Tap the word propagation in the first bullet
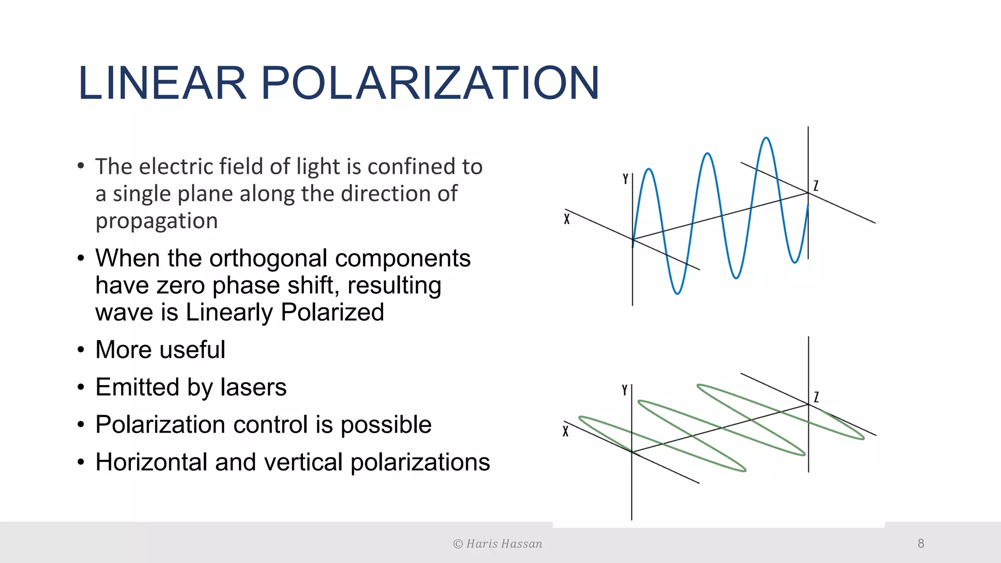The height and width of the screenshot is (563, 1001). click(156, 221)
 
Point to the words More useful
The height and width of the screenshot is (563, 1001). click(160, 350)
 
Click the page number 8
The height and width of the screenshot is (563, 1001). click(921, 543)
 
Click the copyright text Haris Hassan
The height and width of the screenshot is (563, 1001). click(503, 544)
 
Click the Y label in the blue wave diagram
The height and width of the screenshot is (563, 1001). click(625, 179)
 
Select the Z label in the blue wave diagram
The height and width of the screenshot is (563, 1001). click(816, 186)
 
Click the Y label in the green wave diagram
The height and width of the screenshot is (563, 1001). click(624, 390)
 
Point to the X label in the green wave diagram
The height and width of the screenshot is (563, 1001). click(566, 431)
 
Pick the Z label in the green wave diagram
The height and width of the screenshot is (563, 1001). click(816, 397)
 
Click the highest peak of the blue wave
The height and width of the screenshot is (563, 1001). click(766, 138)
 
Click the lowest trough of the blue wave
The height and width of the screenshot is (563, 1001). click(677, 293)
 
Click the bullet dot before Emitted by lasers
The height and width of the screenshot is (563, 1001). click(81, 387)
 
